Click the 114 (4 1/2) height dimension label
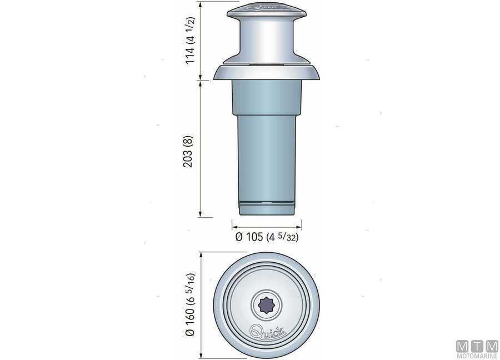click(x=191, y=41)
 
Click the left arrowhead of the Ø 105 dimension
click(x=233, y=227)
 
